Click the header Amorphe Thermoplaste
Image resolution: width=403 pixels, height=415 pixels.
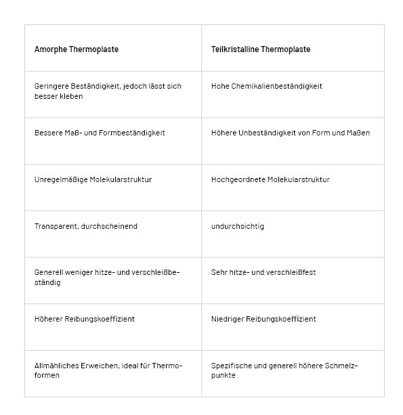pos(77,49)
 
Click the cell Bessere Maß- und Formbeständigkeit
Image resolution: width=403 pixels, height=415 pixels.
pos(100,133)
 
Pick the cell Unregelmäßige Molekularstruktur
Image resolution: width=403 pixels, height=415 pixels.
pos(93,179)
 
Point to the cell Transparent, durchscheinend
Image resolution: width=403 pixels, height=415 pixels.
pos(85,226)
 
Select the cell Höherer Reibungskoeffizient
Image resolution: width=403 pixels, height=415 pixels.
pos(84,319)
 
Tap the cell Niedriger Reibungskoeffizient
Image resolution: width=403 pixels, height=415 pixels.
pos(263,319)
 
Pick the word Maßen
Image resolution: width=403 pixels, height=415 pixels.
pos(358,133)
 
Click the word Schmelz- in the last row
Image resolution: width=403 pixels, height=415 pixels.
pos(342,366)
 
